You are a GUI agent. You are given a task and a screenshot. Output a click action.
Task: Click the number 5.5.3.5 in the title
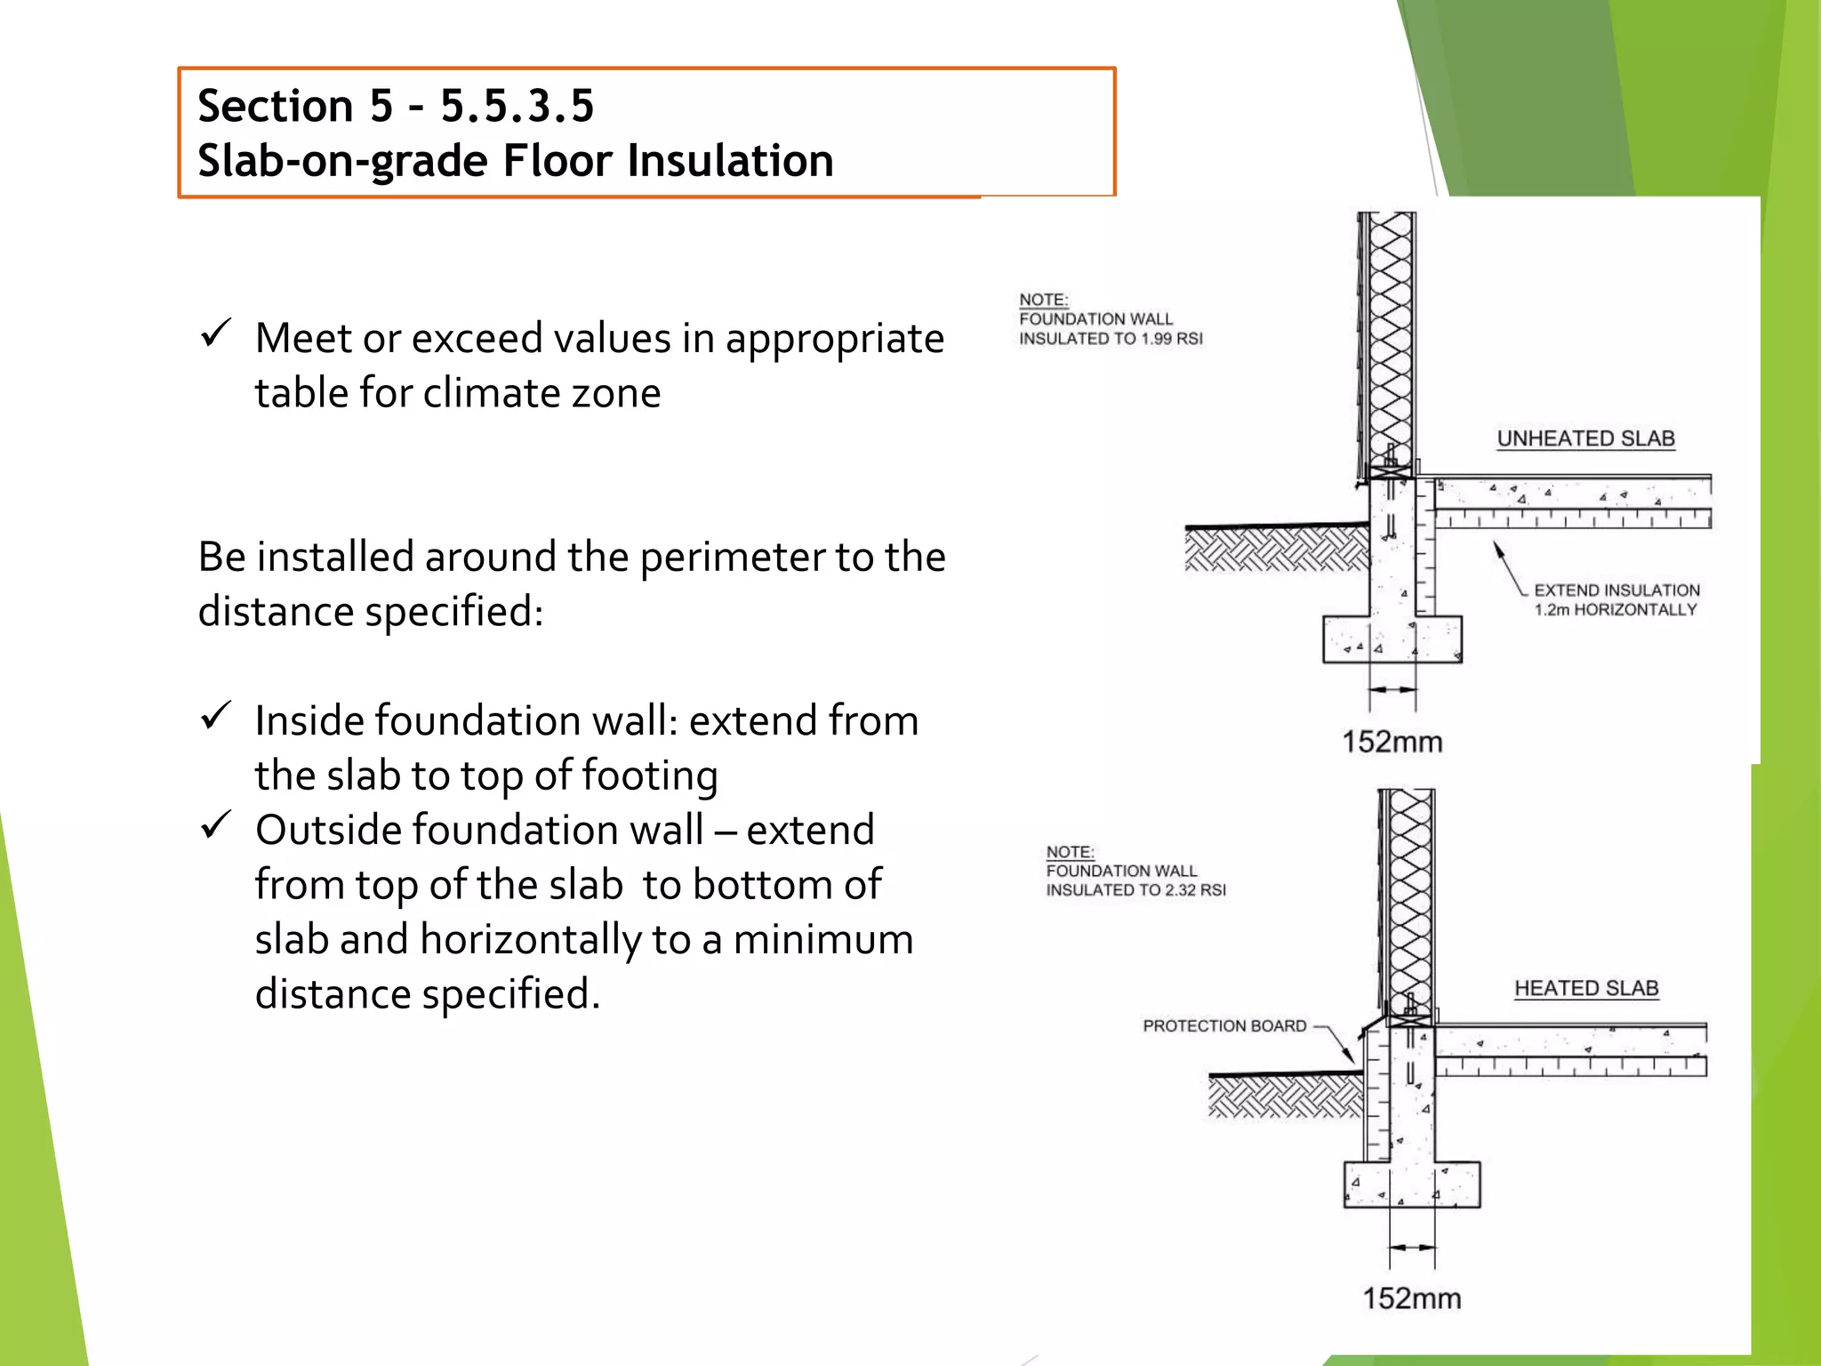[517, 106]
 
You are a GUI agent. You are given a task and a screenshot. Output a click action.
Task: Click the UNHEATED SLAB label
[1585, 438]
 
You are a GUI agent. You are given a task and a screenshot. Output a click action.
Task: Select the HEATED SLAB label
[1586, 988]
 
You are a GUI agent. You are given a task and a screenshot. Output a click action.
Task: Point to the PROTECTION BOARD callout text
[1224, 1026]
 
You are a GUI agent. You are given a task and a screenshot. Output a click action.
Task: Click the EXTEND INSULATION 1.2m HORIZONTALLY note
[1616, 600]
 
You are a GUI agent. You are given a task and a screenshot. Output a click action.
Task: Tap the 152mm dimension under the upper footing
[1392, 742]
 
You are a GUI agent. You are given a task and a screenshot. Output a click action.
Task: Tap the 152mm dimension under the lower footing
[1412, 1298]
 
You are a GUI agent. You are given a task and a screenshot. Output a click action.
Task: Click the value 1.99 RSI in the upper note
[1172, 339]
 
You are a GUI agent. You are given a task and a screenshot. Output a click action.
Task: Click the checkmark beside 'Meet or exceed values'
[216, 334]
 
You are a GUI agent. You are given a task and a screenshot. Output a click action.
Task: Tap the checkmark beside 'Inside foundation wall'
[216, 716]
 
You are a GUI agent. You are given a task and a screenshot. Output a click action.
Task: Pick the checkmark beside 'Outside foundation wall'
[216, 825]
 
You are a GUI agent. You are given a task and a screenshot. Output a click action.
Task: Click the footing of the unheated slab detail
[1392, 640]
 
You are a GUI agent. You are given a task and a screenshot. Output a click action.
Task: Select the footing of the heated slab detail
[1412, 1185]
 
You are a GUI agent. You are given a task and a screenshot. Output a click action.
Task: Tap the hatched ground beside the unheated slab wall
[1276, 548]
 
